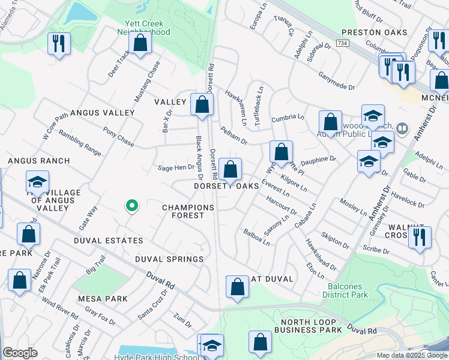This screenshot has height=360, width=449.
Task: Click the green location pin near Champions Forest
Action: click(x=132, y=206)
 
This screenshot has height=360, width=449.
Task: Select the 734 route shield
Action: click(x=343, y=44)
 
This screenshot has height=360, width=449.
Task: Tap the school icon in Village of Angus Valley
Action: click(x=37, y=181)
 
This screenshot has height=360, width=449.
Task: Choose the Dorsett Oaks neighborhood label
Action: click(x=226, y=187)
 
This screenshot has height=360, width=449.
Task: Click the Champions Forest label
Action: click(x=188, y=211)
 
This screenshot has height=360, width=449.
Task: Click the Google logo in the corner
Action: click(x=20, y=353)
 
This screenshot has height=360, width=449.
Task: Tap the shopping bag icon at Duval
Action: click(x=237, y=286)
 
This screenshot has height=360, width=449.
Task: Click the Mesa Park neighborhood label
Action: click(x=102, y=298)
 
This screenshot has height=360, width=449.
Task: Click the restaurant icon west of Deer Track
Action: click(x=59, y=43)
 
